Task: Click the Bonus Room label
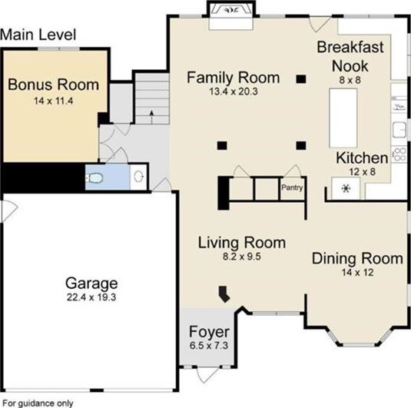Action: click(54, 85)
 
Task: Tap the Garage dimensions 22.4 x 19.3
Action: click(91, 297)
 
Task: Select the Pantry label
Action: click(292, 187)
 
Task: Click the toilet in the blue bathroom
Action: click(94, 178)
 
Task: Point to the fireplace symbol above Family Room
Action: click(231, 11)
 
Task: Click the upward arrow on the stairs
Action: click(151, 117)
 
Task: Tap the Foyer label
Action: click(209, 332)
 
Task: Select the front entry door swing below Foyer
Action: click(207, 374)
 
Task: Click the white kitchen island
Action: click(343, 118)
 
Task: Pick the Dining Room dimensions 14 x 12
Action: click(357, 273)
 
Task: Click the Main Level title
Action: click(38, 35)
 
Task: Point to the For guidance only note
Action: click(38, 403)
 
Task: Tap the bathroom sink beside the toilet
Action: click(138, 176)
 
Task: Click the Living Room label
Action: click(242, 243)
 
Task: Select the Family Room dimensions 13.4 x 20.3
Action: click(234, 91)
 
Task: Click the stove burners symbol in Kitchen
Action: click(399, 154)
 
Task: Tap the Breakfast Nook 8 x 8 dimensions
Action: click(350, 80)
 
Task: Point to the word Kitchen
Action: click(362, 158)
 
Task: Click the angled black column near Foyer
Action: click(224, 294)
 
